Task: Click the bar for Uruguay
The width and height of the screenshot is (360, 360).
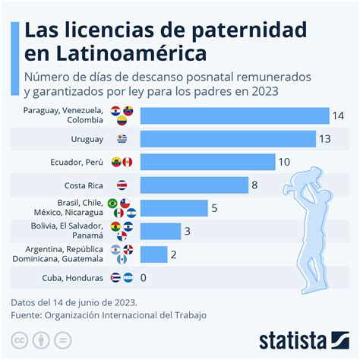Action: point(228,139)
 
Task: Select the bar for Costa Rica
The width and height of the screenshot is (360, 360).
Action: point(194,185)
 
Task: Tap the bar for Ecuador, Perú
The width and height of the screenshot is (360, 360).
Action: point(207,162)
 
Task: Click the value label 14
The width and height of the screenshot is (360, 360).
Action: point(339,115)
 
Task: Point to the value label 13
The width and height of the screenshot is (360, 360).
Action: point(326,139)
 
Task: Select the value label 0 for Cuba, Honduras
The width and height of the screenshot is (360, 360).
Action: point(144,277)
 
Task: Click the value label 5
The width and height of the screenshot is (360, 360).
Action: point(215,208)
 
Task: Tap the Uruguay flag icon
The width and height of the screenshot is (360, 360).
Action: point(122,139)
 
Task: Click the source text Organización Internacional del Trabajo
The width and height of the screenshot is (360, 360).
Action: point(126,314)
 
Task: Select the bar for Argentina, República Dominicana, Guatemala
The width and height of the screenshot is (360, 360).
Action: point(153,254)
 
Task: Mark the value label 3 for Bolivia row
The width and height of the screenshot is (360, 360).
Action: point(188,232)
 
